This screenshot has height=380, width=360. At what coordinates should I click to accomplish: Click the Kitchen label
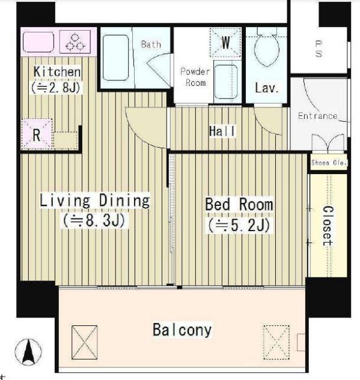[x=57, y=71]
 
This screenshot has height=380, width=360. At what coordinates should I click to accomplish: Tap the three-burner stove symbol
[x=75, y=41]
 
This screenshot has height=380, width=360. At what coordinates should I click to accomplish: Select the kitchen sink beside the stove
[x=38, y=41]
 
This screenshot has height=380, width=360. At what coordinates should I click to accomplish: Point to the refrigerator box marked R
[x=37, y=134]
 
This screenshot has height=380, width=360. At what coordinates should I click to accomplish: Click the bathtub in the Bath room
[x=115, y=58]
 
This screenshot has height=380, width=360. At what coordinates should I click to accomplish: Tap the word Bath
[x=151, y=44]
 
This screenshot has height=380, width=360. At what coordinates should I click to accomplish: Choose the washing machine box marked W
[x=225, y=43]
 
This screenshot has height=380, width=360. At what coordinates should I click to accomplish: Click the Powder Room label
[x=195, y=77]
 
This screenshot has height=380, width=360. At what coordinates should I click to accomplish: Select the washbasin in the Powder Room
[x=226, y=82]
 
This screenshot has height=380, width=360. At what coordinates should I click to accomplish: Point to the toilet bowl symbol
[x=267, y=50]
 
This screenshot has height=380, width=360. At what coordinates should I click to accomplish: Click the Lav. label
[x=267, y=88]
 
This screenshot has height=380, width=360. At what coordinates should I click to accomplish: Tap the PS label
[x=319, y=49]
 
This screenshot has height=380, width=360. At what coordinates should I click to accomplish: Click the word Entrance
[x=318, y=116]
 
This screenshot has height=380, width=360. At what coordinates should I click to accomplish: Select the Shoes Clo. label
[x=329, y=163]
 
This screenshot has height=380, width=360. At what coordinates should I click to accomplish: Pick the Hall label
[x=222, y=131]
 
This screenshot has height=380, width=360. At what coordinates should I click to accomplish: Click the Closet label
[x=328, y=226]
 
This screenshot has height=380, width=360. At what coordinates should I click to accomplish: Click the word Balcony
[x=182, y=330]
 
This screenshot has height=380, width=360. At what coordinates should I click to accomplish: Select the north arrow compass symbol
[x=28, y=352]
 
